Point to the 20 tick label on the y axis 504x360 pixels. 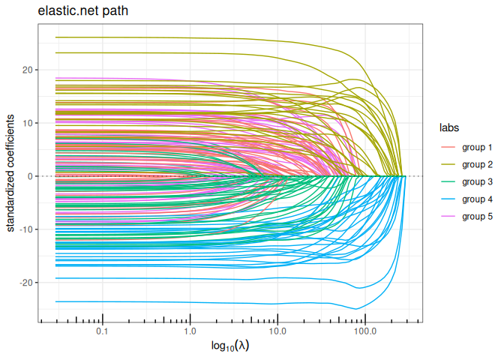28,70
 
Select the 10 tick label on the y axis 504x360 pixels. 28,123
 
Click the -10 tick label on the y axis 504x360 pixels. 26,229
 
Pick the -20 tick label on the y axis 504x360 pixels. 26,283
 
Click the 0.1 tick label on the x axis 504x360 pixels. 102,331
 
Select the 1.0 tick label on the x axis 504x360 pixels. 190,331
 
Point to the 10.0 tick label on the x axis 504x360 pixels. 277,331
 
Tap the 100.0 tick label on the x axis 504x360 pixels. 365,331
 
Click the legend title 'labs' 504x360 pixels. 449,127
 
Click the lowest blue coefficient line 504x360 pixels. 187,302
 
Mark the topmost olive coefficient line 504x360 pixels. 187,37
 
